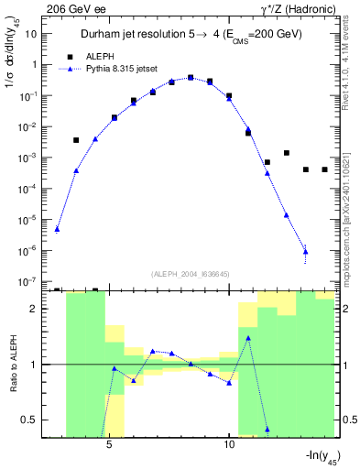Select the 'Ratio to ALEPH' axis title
click(x=13, y=365)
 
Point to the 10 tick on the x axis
click(x=229, y=446)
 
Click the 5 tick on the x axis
click(x=109, y=446)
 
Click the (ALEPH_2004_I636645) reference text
click(x=190, y=273)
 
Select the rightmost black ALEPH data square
click(x=324, y=169)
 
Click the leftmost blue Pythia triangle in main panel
click(x=57, y=229)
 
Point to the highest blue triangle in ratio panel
click(x=248, y=337)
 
